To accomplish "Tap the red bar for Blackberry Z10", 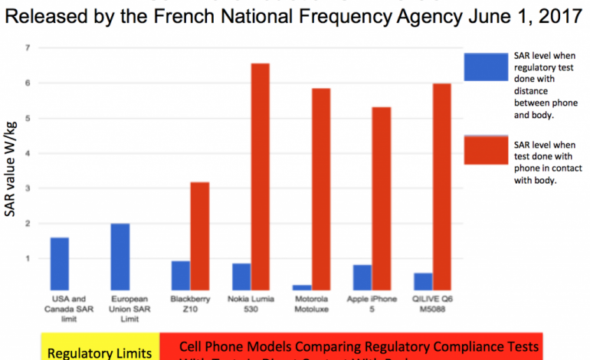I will point(199,237).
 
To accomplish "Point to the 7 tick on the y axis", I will point(28,47).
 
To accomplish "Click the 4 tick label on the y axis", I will point(28,153).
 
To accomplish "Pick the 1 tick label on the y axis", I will point(28,259).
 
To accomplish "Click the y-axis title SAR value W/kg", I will point(10,172).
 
